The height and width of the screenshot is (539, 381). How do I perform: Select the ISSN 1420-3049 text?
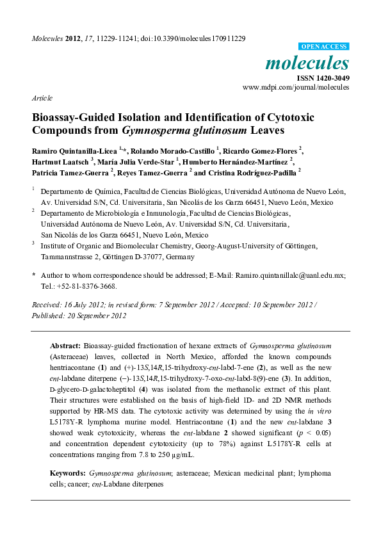coord(322,77)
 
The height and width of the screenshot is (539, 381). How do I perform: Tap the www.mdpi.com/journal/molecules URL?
coord(296,87)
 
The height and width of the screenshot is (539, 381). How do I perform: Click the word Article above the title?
coord(42,98)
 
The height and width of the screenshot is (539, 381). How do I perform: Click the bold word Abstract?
coord(65,344)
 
